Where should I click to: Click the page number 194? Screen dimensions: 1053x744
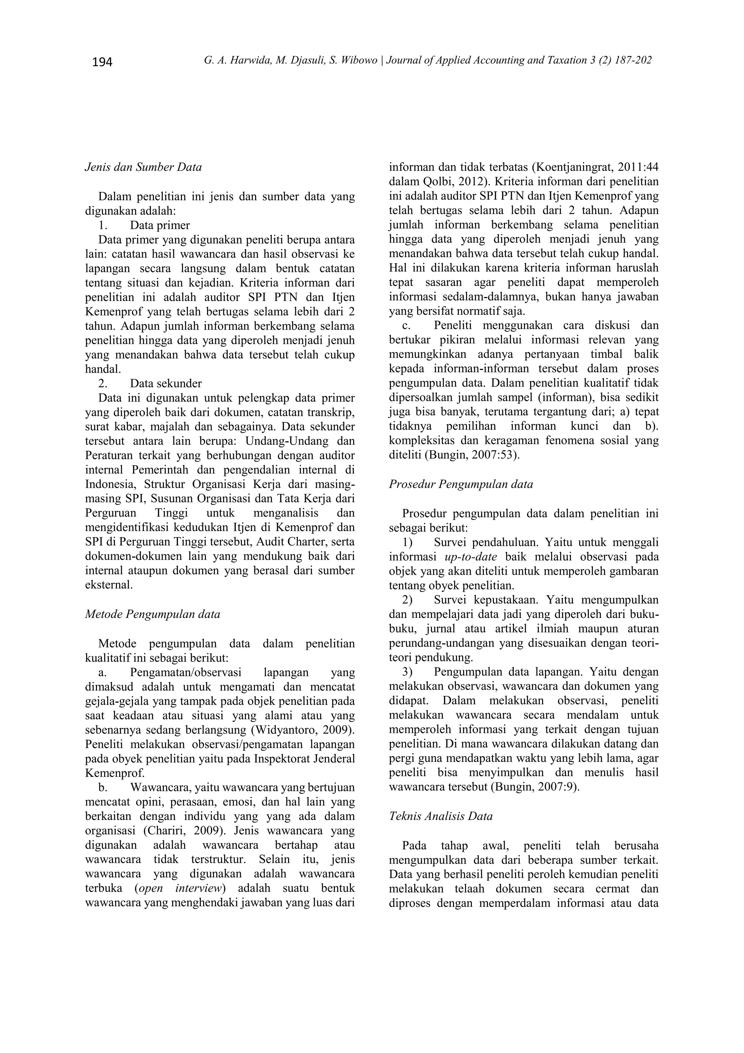point(102,62)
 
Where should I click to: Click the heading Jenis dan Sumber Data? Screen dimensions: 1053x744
point(143,168)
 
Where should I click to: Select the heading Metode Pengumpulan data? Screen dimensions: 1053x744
point(153,614)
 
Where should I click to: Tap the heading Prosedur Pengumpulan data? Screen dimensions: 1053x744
point(461,484)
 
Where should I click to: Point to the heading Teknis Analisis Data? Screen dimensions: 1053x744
point(441,816)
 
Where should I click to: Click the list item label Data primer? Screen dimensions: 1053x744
point(159,225)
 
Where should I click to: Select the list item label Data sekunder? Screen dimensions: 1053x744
point(166,383)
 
